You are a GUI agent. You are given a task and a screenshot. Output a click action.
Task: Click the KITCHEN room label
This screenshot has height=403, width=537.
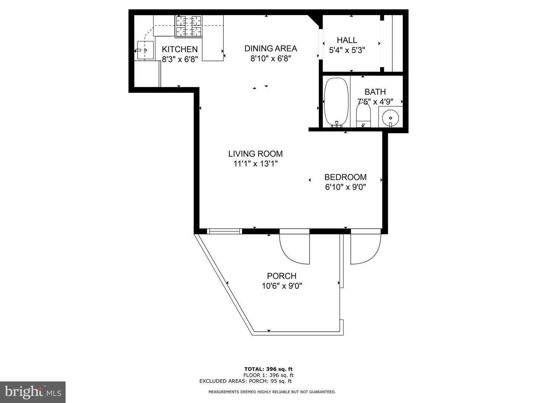coord(179,49)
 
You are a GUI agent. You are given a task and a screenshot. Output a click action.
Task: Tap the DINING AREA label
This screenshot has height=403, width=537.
coord(271,49)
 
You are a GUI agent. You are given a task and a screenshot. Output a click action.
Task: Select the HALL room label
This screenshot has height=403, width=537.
coord(347,40)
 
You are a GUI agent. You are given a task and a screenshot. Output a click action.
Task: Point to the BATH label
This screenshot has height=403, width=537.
coord(375,92)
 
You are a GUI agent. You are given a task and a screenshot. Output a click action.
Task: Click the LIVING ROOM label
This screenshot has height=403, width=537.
coord(255,154)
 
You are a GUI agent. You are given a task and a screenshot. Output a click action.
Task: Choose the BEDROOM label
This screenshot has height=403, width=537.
coord(345,177)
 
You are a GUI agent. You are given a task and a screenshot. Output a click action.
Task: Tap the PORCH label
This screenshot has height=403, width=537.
coord(282,276)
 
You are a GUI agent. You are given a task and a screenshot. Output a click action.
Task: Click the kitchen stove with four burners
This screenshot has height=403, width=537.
coord(188,26)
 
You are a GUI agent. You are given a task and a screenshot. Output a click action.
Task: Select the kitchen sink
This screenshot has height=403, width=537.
coord(145,50)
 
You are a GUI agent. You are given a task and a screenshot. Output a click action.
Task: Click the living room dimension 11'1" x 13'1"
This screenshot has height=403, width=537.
coord(255,164)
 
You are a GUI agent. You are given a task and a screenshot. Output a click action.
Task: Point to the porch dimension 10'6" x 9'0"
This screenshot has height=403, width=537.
coord(282,286)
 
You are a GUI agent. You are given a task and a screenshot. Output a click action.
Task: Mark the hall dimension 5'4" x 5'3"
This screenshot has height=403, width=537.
coord(347,50)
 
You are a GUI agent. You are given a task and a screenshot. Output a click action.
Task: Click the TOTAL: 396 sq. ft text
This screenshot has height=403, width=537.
coord(268,369)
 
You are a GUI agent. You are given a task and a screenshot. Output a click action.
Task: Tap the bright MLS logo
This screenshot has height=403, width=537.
coord(32,392)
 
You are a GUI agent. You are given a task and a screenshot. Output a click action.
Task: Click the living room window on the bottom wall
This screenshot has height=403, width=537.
coord(224,231)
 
